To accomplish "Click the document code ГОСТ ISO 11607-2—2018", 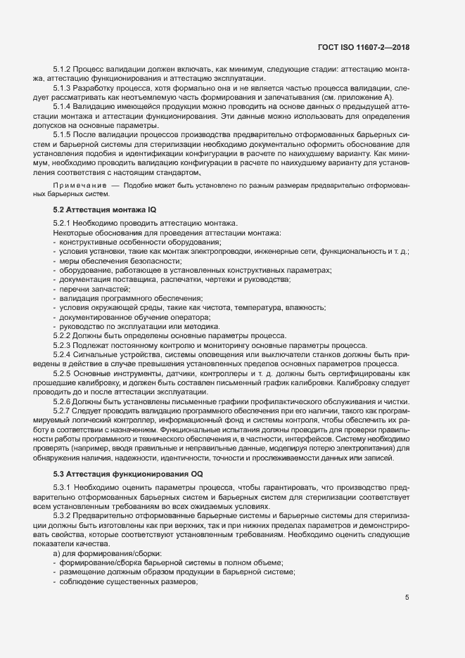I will tap(363, 47).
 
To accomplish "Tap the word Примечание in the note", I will tap(77, 185).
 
